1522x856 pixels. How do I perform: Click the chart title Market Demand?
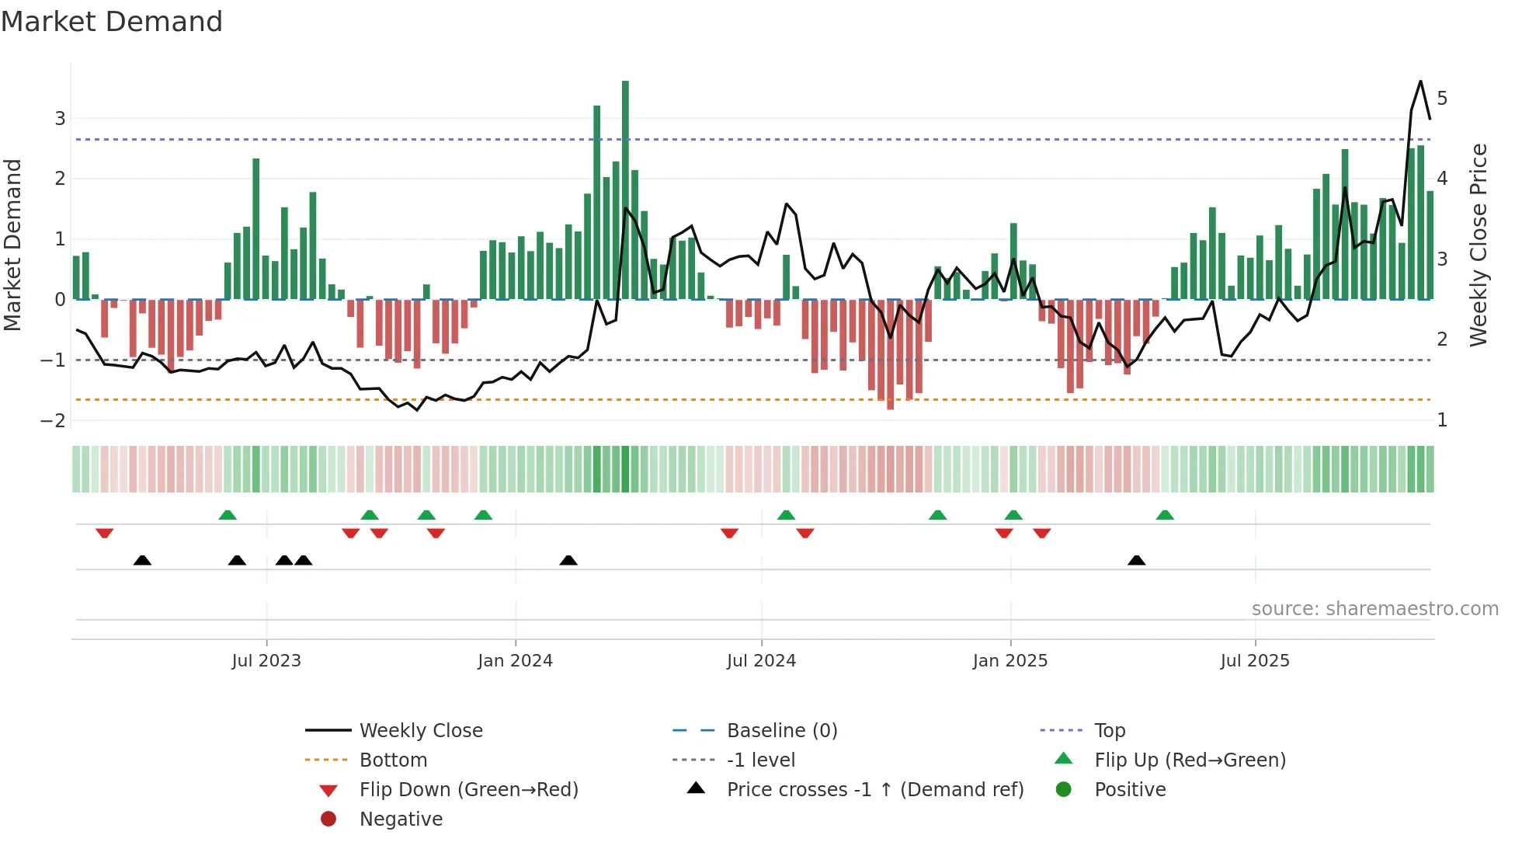click(x=112, y=22)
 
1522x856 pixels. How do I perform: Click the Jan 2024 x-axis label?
click(x=515, y=661)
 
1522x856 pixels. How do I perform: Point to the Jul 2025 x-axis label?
click(x=1254, y=661)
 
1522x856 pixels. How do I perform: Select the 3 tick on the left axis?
click(x=60, y=119)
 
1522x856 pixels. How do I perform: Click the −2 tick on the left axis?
click(x=54, y=420)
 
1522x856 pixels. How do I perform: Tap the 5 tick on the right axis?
click(x=1442, y=99)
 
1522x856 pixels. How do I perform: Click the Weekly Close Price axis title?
click(x=1479, y=245)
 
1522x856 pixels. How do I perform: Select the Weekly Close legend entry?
click(x=420, y=730)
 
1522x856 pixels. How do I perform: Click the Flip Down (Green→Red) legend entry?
click(x=468, y=789)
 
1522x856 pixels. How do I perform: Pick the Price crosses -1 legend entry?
click(x=874, y=789)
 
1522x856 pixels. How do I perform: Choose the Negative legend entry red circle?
click(x=328, y=819)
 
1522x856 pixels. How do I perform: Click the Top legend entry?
click(x=1109, y=730)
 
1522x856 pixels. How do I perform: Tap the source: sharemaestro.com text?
click(x=1374, y=608)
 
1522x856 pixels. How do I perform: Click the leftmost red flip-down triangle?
click(x=105, y=533)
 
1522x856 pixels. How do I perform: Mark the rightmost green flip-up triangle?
click(x=1165, y=515)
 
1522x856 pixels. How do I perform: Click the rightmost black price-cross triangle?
click(x=1137, y=560)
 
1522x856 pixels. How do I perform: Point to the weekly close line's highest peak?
click(x=1420, y=81)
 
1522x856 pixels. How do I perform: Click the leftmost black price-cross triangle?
click(x=142, y=560)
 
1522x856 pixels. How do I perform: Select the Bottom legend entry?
click(x=393, y=760)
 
